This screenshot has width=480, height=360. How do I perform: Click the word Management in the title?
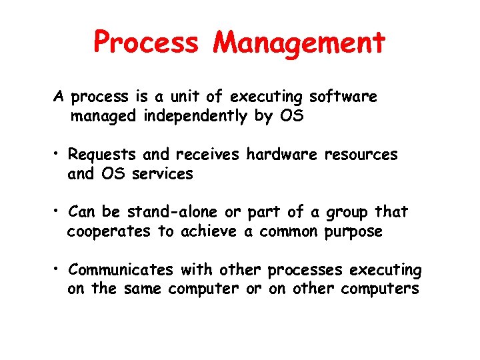tap(299, 43)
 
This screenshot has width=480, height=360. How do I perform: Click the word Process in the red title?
tap(146, 43)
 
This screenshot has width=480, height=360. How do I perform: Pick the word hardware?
tap(283, 155)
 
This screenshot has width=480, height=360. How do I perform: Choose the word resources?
tap(361, 155)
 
